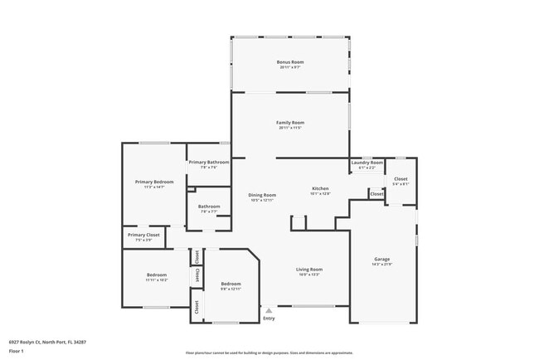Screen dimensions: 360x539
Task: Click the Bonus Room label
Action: (x=290, y=61)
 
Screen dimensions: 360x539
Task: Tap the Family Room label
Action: (x=290, y=123)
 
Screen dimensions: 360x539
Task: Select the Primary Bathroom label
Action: (x=208, y=163)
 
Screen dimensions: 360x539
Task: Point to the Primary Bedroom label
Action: (x=154, y=182)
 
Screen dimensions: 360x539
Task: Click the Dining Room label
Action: (x=262, y=195)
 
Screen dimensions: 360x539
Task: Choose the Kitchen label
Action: (x=320, y=188)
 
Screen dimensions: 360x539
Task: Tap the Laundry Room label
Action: (x=367, y=163)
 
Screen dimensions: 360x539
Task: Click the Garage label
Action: (x=381, y=259)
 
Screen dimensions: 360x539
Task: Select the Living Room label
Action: (x=309, y=269)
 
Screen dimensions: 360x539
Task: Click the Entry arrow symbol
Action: (x=268, y=310)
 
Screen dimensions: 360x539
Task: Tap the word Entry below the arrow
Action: (x=269, y=319)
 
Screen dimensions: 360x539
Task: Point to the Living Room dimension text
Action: (x=309, y=275)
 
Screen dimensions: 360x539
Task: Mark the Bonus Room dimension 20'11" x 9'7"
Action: (x=290, y=67)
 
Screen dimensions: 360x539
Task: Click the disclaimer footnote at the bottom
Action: (x=269, y=353)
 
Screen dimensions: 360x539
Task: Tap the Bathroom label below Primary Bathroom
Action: (x=209, y=207)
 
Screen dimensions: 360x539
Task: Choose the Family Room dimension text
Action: (x=290, y=129)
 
